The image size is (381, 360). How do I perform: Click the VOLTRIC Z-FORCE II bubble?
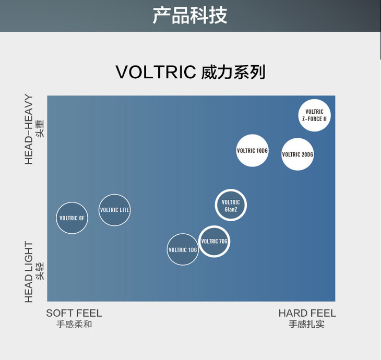click(314, 115)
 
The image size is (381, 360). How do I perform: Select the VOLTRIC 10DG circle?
click(252, 151)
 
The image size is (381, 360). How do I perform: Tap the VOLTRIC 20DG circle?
click(297, 154)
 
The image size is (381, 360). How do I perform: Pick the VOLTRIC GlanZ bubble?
click(231, 206)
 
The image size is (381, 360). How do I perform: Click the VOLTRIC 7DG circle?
click(214, 242)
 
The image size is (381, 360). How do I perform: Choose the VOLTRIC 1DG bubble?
click(183, 249)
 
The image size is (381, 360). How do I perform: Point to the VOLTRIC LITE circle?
click(114, 210)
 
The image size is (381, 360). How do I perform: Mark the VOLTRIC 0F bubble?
click(72, 218)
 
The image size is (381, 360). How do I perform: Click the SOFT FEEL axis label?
click(74, 313)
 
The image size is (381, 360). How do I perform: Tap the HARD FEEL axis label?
click(307, 313)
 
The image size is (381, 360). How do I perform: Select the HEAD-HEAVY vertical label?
click(29, 129)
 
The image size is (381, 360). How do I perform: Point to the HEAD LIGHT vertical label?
click(29, 271)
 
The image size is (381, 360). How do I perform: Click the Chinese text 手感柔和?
click(74, 325)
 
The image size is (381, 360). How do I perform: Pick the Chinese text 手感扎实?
click(307, 325)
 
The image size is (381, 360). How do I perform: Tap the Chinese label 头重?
click(40, 128)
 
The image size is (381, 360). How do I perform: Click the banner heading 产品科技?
click(190, 15)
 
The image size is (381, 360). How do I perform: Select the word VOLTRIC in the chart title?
click(156, 72)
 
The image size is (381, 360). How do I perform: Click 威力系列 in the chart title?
click(233, 72)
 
